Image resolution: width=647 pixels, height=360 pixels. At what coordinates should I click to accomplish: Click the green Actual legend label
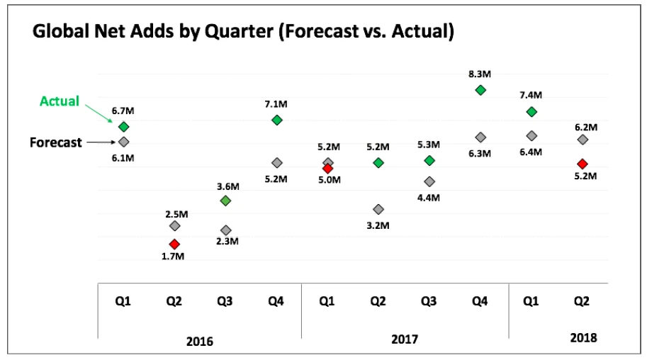click(x=60, y=101)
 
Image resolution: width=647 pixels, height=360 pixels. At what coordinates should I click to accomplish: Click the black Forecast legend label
click(x=55, y=142)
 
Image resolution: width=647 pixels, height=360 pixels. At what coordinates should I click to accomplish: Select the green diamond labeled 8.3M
click(x=480, y=90)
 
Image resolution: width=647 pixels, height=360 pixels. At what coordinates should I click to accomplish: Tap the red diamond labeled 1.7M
click(x=174, y=244)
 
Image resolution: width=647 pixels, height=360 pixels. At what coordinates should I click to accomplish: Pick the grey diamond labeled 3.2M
click(x=378, y=209)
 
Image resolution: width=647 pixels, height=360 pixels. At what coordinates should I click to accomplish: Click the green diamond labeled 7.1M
click(x=277, y=120)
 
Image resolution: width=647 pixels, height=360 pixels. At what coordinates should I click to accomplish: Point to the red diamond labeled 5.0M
click(x=327, y=168)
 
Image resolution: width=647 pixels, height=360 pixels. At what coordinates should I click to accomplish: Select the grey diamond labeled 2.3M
click(x=226, y=230)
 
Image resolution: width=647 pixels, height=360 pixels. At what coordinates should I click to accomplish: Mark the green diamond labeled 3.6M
click(x=225, y=201)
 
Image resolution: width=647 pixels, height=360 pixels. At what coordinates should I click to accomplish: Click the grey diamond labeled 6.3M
click(x=480, y=137)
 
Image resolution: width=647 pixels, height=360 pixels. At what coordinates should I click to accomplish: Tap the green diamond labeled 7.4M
click(x=531, y=112)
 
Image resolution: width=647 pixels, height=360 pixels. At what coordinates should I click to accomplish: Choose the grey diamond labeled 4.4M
click(x=429, y=181)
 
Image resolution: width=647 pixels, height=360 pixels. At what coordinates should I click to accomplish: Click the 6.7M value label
click(x=123, y=111)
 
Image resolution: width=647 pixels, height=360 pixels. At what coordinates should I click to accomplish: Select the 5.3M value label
click(x=429, y=145)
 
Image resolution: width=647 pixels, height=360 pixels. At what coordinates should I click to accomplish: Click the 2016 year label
click(x=199, y=341)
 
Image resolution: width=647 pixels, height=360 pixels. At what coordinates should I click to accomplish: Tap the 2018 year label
click(x=583, y=338)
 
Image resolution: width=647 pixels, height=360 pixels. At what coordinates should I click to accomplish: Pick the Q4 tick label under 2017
click(x=480, y=301)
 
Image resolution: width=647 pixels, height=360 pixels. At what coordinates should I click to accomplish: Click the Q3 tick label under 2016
click(x=225, y=301)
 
